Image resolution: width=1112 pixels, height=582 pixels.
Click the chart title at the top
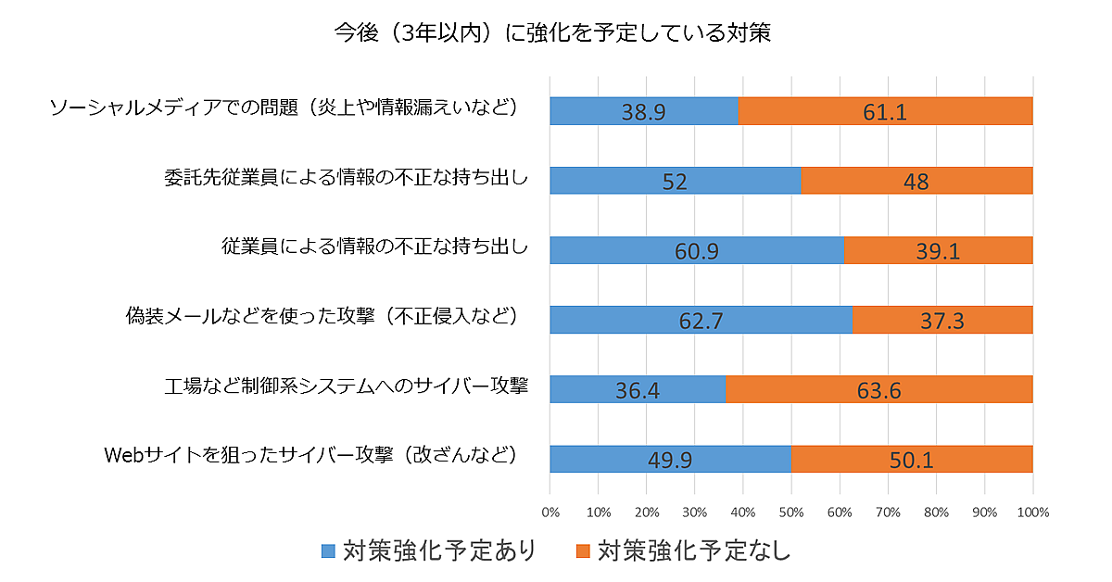(553, 33)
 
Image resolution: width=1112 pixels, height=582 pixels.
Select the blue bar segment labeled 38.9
(644, 111)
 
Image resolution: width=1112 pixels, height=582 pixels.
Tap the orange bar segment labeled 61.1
(885, 111)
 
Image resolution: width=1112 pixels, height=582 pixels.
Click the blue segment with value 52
(675, 181)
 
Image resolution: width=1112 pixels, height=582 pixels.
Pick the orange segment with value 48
(916, 181)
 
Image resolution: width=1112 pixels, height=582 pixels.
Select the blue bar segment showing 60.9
(697, 250)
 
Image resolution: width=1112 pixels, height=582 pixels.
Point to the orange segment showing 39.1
(938, 250)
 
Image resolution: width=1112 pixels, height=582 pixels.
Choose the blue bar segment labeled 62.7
(701, 320)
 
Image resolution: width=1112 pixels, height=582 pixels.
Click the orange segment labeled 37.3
(942, 320)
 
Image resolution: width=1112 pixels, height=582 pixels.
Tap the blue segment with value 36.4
(638, 389)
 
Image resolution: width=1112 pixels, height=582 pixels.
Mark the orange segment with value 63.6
(878, 389)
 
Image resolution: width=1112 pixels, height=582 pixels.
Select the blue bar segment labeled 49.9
(670, 459)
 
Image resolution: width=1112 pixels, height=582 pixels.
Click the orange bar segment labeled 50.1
(912, 459)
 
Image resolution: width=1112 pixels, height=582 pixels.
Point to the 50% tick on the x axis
(791, 512)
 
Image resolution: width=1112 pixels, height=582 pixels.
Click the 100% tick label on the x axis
(1032, 512)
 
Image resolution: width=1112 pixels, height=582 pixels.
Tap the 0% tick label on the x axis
(550, 512)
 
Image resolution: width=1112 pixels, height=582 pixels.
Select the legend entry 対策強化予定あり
(429, 550)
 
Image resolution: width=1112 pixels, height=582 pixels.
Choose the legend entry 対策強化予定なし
(684, 550)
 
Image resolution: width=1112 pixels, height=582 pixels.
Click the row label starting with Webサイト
(310, 456)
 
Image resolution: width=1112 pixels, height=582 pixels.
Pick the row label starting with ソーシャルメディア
(282, 108)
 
